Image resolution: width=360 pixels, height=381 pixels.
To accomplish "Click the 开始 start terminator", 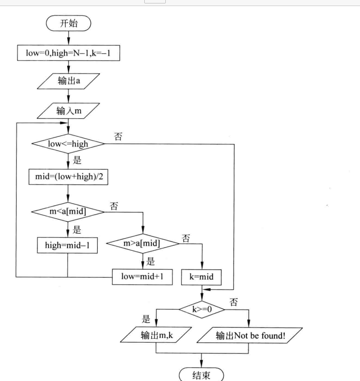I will click(68, 23).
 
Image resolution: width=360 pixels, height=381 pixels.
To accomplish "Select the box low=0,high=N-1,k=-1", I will click(68, 53).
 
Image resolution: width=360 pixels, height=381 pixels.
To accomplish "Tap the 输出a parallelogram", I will click(68, 81).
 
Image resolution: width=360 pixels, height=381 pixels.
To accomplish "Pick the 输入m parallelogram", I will click(68, 111).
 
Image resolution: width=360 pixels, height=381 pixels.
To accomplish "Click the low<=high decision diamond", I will click(68, 144).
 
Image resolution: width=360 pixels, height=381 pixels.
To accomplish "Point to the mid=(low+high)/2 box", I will click(68, 177).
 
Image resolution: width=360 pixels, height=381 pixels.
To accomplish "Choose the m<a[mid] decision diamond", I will click(68, 211).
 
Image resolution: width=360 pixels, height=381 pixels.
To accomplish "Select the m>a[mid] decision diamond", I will click(142, 244).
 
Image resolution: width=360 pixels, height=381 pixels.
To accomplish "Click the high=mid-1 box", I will click(68, 245).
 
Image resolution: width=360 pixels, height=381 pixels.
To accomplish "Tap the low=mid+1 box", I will click(142, 276).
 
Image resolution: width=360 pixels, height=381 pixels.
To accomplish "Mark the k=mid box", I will click(202, 277).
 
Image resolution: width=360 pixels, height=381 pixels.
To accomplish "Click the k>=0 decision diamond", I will click(202, 308).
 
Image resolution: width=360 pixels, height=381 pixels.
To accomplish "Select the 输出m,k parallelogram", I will click(155, 335).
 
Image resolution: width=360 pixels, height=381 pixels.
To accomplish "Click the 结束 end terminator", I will click(202, 374).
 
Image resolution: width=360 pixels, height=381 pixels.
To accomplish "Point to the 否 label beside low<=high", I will click(118, 137).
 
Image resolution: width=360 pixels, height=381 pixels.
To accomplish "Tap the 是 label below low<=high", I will click(77, 161).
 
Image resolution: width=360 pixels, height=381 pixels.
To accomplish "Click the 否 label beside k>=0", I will click(233, 302).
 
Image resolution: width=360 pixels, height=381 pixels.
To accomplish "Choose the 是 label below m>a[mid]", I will click(150, 260).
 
